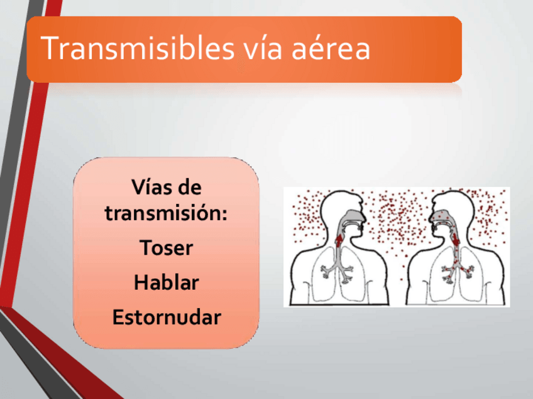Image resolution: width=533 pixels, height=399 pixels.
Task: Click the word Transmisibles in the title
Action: coord(138,48)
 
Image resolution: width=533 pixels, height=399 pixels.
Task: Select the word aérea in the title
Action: coord(331,48)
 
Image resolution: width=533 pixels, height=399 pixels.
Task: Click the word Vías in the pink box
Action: coord(148,187)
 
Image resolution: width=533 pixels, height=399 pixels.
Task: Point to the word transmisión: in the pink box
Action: coord(166,213)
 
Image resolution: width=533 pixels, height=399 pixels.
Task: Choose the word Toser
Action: coord(166,247)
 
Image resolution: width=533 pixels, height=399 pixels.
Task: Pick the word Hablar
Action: coord(166,282)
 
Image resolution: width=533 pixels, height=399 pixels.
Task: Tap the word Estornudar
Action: coord(167,317)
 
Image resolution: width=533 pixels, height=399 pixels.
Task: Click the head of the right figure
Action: coord(451,215)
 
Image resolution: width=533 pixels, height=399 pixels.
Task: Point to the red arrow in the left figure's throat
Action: coord(339,239)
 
